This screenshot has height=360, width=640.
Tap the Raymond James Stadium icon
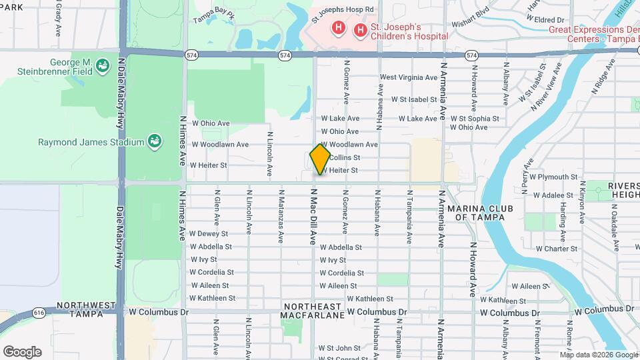(154, 141)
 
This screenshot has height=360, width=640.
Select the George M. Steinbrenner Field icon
(103, 65)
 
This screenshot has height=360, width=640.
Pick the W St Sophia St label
(475, 118)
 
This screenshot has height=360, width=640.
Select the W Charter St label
(556, 249)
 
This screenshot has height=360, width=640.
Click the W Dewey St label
(208, 234)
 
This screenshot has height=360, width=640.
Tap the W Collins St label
(343, 158)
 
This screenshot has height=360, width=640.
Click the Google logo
(21, 351)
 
